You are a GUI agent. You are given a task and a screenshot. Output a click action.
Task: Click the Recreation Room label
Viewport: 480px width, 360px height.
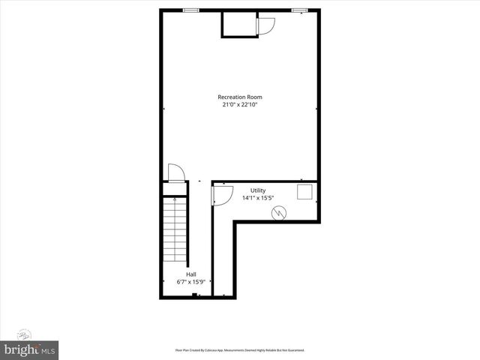point(240,97)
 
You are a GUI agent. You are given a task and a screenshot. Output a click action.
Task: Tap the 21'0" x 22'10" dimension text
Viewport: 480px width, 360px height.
point(240,105)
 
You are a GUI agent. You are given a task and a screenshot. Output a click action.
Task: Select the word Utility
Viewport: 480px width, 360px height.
point(257,190)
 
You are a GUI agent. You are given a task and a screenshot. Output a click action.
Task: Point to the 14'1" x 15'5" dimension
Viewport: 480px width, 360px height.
point(257,199)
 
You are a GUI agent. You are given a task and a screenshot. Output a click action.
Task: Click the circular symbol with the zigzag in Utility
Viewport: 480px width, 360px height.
point(280,214)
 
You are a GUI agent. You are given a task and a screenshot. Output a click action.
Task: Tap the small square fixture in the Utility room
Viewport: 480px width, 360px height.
point(304,192)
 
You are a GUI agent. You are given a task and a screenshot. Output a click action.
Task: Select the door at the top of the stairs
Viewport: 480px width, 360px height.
point(174,172)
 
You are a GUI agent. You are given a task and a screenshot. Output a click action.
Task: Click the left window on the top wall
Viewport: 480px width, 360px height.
point(191,10)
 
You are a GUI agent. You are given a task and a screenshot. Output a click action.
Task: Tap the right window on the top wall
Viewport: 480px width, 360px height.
point(300,10)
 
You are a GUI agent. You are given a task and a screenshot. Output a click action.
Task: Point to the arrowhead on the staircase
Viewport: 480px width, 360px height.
point(175,199)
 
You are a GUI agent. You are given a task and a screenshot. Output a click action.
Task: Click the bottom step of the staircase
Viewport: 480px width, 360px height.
point(175,260)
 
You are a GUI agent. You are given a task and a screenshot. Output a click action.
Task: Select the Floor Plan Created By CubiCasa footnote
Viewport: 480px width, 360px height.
point(240,350)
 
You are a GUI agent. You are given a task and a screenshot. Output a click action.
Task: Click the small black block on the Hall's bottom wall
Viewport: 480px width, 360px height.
point(194,295)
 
